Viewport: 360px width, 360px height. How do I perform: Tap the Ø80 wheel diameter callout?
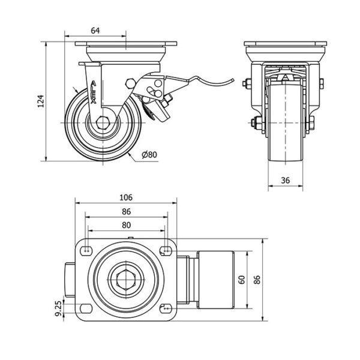[149, 155]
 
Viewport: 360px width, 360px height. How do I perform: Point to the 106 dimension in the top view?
[126, 197]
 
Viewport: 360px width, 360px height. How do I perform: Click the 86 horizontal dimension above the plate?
[126, 212]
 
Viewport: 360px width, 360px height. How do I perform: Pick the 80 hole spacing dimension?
[126, 225]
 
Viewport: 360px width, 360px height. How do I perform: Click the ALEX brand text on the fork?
[95, 89]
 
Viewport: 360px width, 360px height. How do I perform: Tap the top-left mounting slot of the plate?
[88, 248]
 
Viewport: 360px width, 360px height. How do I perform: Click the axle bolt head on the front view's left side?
[252, 125]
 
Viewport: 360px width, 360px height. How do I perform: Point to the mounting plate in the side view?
[126, 45]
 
